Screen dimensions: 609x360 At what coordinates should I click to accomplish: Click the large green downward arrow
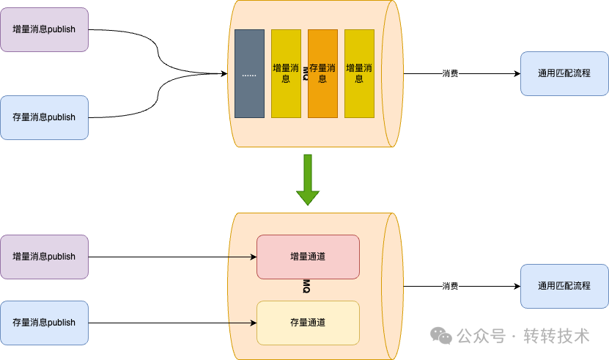(308, 180)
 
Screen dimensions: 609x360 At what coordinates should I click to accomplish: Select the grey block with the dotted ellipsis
(249, 73)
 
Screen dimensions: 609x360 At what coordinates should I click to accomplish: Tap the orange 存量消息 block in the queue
(322, 73)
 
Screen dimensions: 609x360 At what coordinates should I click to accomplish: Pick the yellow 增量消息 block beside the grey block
(286, 73)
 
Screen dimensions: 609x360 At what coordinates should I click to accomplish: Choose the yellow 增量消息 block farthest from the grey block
(359, 73)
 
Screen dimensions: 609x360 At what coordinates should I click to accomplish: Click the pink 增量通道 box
(308, 257)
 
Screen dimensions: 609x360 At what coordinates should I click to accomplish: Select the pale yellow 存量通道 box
(308, 323)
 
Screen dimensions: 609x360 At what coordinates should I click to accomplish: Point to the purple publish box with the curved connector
(44, 29)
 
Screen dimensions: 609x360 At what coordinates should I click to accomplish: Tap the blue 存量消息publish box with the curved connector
(44, 117)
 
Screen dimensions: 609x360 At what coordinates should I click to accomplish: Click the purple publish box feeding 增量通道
(44, 257)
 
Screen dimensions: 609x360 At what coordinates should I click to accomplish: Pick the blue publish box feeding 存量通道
(44, 323)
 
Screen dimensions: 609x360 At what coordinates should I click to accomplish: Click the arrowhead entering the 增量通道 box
(254, 257)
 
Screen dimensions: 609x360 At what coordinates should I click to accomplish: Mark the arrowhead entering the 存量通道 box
(254, 323)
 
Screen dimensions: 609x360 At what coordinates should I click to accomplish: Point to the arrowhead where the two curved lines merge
(224, 73)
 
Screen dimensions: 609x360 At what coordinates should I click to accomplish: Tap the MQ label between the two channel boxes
(306, 286)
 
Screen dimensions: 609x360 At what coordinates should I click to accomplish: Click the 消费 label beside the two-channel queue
(450, 286)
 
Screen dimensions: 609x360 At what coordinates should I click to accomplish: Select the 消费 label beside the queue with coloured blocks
(450, 73)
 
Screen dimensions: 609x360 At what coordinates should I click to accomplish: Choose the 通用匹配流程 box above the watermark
(564, 286)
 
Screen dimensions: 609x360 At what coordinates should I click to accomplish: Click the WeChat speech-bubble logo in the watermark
(441, 336)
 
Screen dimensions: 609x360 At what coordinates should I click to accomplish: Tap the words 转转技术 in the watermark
(556, 336)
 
